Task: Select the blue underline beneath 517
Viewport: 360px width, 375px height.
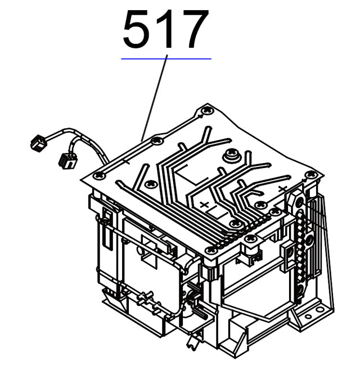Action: coord(166,58)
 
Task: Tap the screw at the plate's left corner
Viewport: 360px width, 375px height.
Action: coord(100,176)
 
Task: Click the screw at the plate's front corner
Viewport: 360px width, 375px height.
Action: coord(210,250)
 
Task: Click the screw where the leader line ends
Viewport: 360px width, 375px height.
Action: coord(157,141)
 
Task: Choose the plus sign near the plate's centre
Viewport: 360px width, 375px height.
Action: coord(204,205)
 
